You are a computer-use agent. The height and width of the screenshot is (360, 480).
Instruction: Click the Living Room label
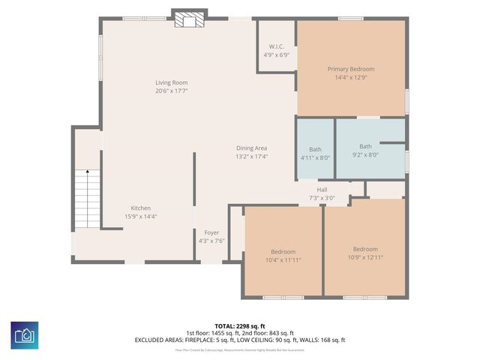[171, 82]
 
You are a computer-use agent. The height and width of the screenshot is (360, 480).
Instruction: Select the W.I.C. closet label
[276, 46]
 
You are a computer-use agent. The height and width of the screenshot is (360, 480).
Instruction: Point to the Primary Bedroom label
[350, 69]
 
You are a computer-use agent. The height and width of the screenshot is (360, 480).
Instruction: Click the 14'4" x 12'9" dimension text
[350, 77]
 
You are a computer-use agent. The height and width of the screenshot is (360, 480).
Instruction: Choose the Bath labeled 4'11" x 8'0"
[315, 148]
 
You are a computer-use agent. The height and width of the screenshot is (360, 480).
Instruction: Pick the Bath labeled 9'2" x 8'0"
[365, 146]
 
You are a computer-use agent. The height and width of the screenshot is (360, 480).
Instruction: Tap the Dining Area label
[251, 148]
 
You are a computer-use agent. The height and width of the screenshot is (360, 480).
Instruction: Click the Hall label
[322, 190]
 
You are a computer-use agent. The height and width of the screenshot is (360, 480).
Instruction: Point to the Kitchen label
[141, 208]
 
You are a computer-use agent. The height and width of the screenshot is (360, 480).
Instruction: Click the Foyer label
[211, 232]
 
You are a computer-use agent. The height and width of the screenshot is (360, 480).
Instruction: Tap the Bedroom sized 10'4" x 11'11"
[283, 251]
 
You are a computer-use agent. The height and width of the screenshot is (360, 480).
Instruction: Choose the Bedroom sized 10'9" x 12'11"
[365, 249]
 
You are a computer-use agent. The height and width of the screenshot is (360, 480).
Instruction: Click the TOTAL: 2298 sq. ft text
[240, 326]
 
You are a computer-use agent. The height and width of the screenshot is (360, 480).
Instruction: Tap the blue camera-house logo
[25, 334]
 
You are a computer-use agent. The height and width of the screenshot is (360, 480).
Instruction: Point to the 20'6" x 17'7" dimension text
[171, 91]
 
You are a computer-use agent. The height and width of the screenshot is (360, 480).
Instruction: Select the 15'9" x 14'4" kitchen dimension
[141, 217]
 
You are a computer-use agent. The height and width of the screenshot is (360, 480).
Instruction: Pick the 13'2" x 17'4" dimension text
[251, 157]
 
